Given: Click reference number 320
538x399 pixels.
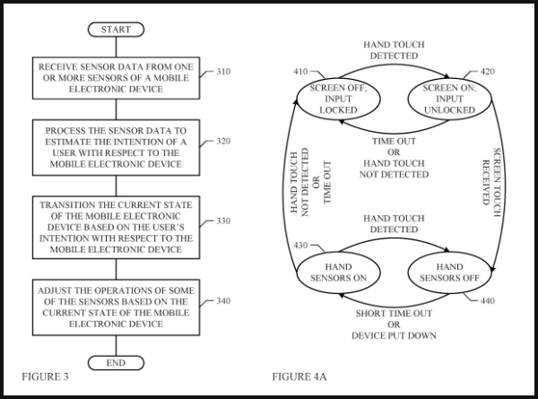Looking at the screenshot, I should [x=225, y=141].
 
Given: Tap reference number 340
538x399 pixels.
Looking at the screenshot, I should [x=225, y=300].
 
